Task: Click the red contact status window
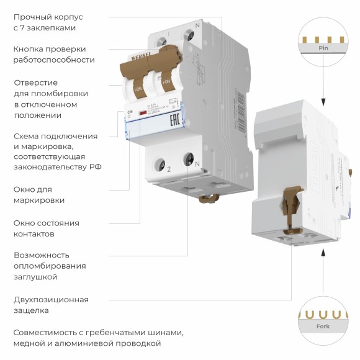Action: tap(143, 113)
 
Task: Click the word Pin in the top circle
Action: tap(323, 48)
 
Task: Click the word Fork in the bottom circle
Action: tap(323, 326)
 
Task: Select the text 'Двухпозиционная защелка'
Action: tap(50, 305)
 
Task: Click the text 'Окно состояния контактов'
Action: tap(46, 228)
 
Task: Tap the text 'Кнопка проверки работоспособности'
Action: tap(53, 55)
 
